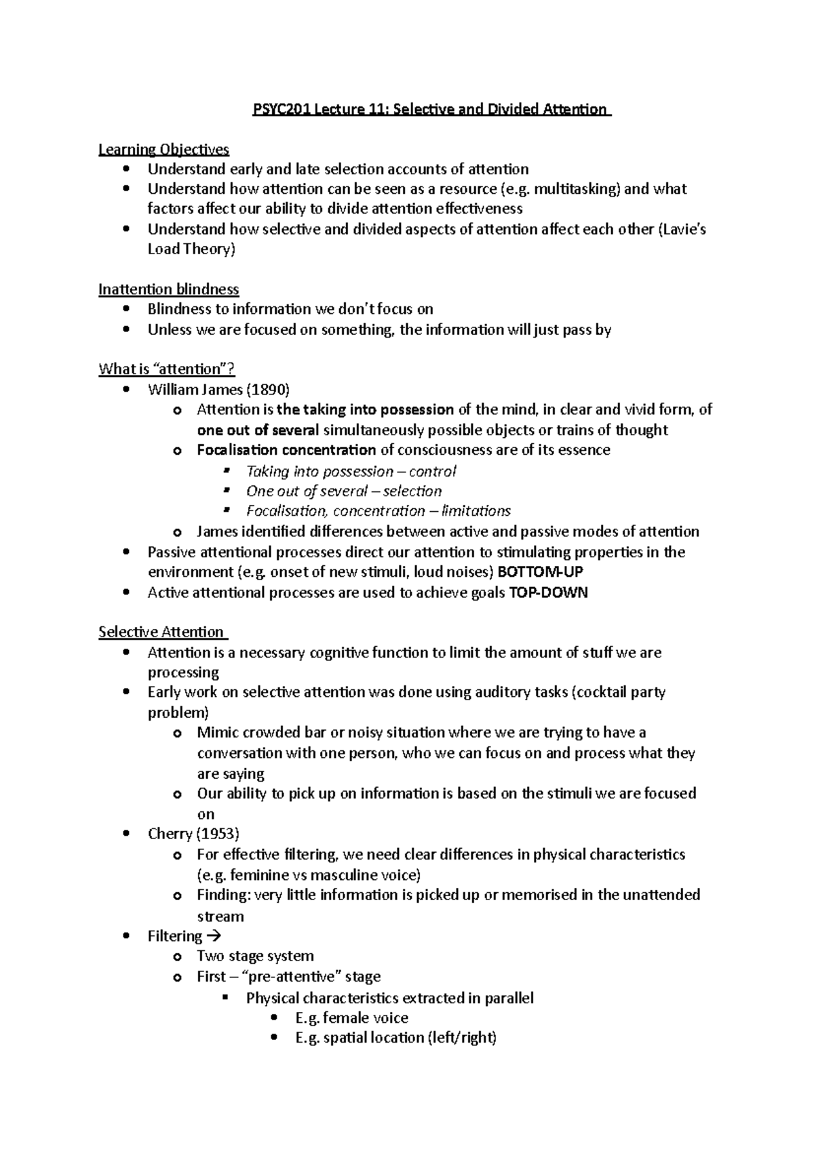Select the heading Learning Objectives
coord(163,149)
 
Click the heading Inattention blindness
coord(168,289)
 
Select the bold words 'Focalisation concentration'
coord(286,450)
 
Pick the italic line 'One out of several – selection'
coord(343,491)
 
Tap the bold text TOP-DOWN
coord(548,592)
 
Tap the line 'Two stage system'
coord(255,956)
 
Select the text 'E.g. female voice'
coord(351,1017)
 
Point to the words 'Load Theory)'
coord(191,249)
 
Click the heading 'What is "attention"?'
coord(167,369)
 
